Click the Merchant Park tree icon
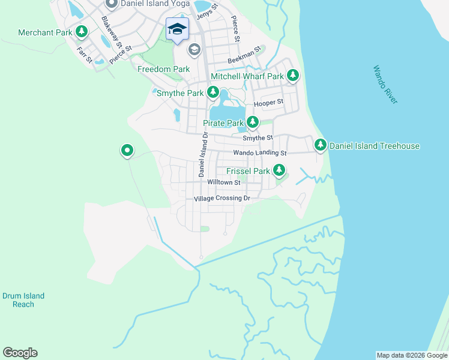click(81, 32)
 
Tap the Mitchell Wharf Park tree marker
click(292, 76)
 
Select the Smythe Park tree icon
click(212, 93)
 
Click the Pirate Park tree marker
click(253, 123)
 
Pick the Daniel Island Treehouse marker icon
click(321, 145)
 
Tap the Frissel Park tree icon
click(279, 171)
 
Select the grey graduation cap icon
click(193, 50)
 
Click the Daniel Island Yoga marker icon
click(110, 4)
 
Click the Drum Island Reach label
click(23, 300)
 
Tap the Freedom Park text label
click(163, 70)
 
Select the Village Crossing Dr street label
click(221, 199)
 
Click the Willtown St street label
click(223, 182)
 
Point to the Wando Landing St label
click(260, 154)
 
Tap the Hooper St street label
click(268, 103)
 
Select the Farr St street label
click(84, 54)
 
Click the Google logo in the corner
click(20, 353)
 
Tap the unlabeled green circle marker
click(127, 151)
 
